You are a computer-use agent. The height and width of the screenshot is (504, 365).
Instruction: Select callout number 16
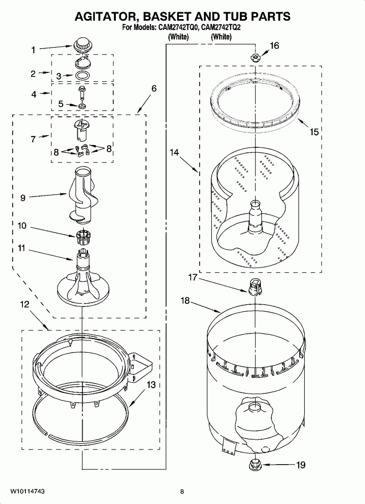pos(274,46)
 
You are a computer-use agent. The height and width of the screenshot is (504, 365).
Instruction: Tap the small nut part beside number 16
pos(254,58)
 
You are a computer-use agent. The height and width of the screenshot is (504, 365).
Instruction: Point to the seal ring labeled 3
pos(83,76)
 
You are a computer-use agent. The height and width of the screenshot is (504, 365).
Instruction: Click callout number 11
pos(21,248)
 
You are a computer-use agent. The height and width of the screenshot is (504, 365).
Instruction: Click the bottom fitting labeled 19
pos(255,465)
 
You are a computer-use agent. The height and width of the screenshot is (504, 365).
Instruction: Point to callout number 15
pos(314,132)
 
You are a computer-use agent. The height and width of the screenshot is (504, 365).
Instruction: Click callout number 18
pos(185,301)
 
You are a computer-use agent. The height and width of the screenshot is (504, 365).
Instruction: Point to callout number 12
pos(24,305)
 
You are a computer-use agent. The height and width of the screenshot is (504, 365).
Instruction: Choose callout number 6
pos(154,89)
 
